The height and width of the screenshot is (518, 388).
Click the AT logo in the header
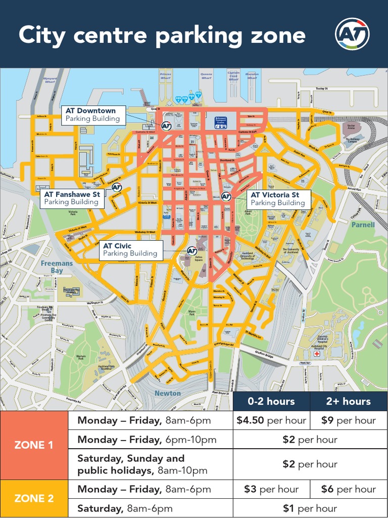[x=352, y=34]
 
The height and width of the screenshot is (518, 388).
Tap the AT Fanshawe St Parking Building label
[x=72, y=198]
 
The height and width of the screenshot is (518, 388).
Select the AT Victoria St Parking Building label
[x=278, y=199]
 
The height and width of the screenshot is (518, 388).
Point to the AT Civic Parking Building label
[x=130, y=250]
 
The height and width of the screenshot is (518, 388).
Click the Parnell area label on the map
[x=363, y=225]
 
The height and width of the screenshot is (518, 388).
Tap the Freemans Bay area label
[x=57, y=267]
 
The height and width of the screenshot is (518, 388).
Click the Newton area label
[x=167, y=393]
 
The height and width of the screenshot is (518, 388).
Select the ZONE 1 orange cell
[x=34, y=445]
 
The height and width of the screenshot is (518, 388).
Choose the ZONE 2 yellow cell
[x=34, y=498]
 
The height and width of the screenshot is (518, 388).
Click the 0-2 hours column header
[x=271, y=401]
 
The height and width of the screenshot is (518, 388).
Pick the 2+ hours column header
[x=349, y=401]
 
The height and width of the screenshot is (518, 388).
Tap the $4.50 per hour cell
[x=271, y=420]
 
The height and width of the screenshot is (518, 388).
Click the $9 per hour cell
[x=349, y=420]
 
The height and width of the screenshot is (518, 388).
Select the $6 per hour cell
[x=349, y=489]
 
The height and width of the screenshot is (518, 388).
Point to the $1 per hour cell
[x=310, y=508]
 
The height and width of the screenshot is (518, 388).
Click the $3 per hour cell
[x=271, y=489]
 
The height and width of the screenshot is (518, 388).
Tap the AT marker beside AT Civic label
[x=192, y=250]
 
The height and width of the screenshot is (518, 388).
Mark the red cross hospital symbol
[x=317, y=354]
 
